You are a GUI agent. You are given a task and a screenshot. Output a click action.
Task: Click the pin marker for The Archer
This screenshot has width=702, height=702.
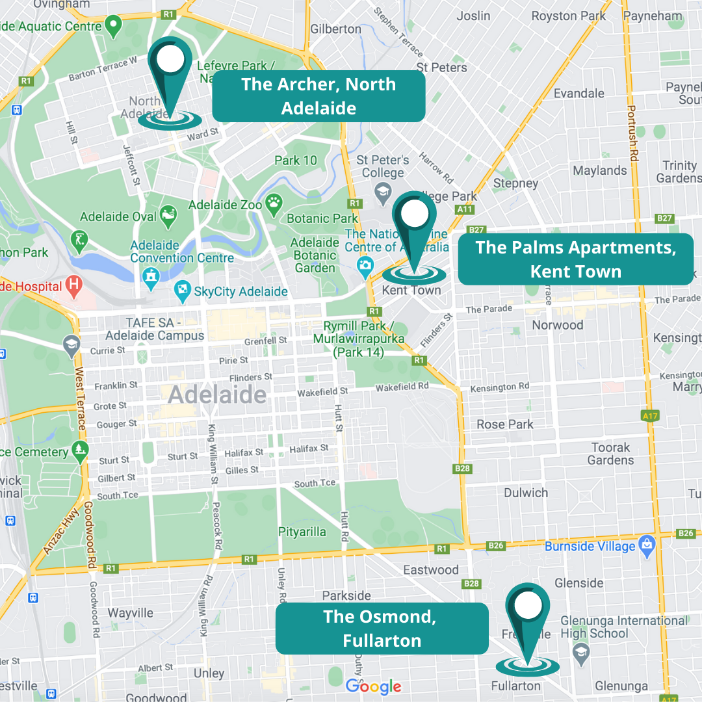coord(170,71)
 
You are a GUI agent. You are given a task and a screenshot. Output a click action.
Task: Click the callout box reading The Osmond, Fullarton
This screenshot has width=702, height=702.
coord(382,628)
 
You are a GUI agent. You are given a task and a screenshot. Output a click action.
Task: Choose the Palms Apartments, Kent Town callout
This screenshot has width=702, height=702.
coord(575,259)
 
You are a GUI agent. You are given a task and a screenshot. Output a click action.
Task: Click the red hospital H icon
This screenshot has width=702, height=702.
coord(75,285)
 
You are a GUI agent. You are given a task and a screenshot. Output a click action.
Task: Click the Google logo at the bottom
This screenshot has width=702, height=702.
coord(373,686)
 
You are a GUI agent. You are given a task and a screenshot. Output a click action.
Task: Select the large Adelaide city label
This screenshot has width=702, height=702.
coord(217,395)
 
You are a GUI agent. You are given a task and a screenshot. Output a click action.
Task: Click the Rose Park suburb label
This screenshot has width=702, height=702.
coord(505,424)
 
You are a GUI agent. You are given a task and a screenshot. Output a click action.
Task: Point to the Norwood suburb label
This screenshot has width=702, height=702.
coord(558,324)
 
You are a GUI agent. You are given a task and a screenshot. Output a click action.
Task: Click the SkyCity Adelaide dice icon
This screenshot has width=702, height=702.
coord(183,291)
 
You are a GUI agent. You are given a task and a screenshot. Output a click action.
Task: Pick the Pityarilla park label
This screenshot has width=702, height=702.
coord(302,532)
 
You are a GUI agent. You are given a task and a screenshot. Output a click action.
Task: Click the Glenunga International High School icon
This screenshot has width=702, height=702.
coord(580,651)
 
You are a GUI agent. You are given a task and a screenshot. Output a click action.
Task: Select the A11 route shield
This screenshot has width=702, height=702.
coord(464,209)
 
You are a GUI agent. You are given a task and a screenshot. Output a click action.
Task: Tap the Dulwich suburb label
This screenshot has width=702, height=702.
coord(526,492)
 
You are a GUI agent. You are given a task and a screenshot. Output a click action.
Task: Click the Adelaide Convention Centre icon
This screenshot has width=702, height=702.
coord(151,275)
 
